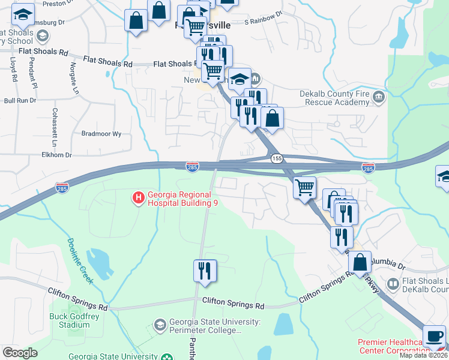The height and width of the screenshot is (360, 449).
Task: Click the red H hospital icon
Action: click(138, 197)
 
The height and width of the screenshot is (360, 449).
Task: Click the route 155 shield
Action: click(276, 158)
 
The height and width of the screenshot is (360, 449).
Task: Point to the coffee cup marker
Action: click(434, 336)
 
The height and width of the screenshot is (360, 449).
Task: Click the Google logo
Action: click(20, 353)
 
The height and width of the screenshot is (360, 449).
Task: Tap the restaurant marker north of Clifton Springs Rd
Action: click(205, 270)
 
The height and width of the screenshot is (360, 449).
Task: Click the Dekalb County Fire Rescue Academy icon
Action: click(378, 97)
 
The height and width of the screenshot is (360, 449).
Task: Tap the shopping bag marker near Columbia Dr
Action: click(360, 262)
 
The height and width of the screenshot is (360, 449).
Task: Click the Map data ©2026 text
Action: click(423, 355)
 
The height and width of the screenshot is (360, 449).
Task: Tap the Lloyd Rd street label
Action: click(13, 69)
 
